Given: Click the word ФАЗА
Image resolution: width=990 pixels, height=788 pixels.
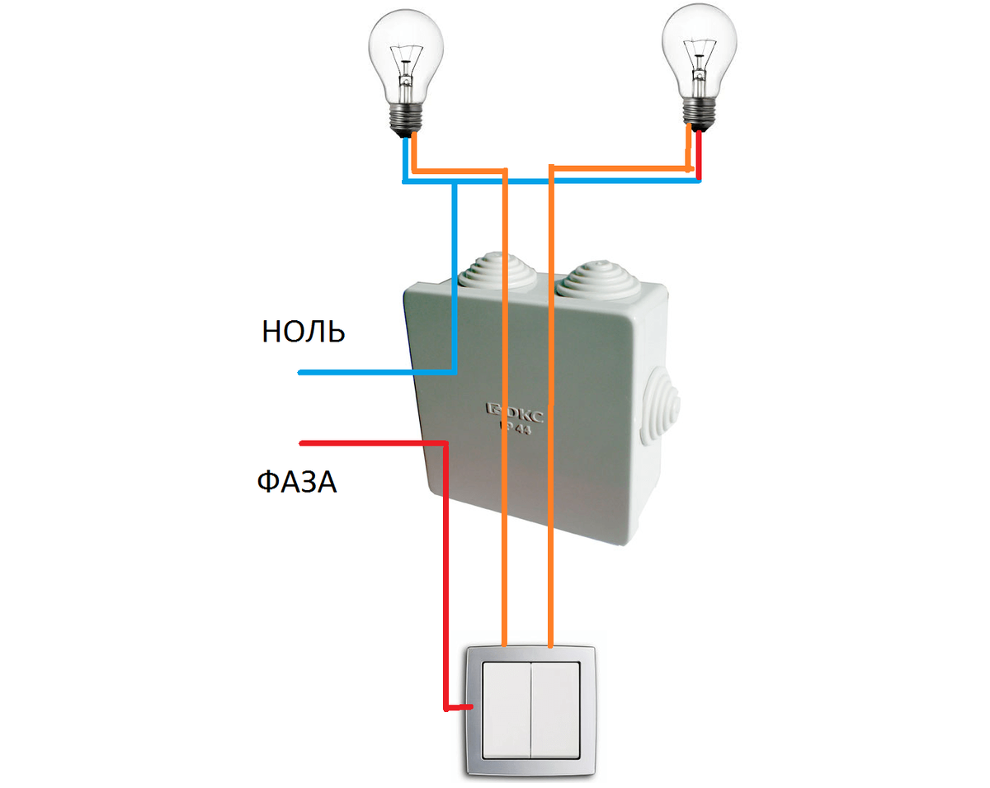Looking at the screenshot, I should pyautogui.click(x=296, y=481).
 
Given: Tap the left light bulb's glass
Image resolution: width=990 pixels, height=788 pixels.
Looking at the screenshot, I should pyautogui.click(x=404, y=50).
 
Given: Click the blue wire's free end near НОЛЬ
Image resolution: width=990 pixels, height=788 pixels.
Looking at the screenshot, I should pyautogui.click(x=302, y=374).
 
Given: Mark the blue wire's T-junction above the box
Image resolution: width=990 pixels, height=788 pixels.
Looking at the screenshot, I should pyautogui.click(x=455, y=182).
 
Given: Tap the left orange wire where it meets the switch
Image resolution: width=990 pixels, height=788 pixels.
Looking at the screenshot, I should pyautogui.click(x=504, y=643).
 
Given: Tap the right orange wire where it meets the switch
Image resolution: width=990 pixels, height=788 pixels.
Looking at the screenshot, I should pyautogui.click(x=550, y=643).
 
